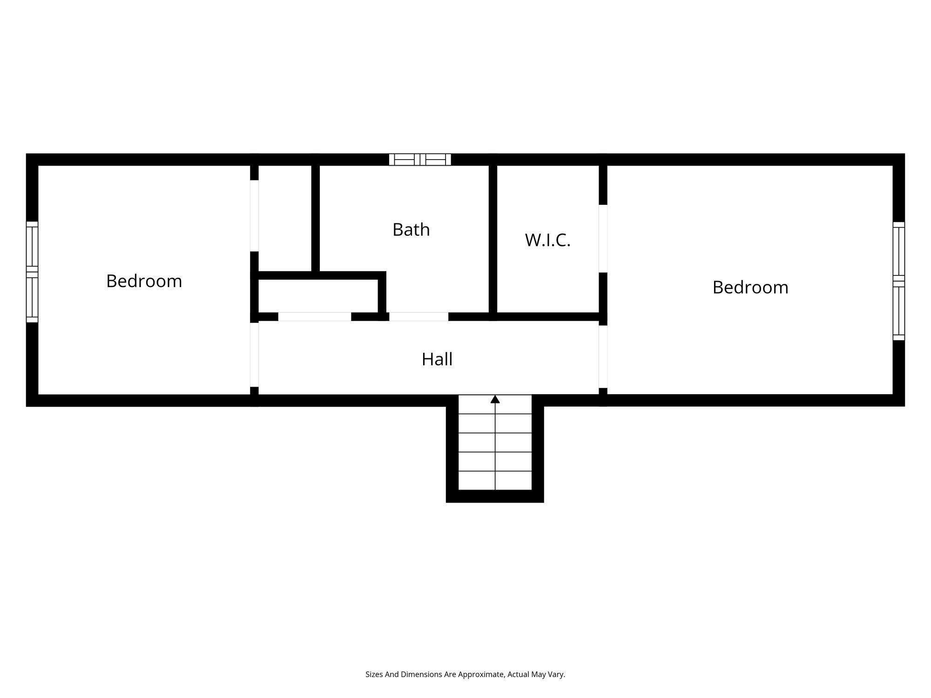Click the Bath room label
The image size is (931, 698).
[x=411, y=230]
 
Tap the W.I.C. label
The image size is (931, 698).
[x=547, y=241]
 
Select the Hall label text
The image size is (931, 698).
[x=437, y=359]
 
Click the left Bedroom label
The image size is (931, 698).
[x=144, y=281]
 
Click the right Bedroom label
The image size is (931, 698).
[x=750, y=288]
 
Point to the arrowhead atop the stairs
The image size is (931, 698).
[x=495, y=399]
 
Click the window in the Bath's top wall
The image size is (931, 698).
[x=420, y=160]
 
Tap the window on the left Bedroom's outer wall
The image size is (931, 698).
[x=32, y=272]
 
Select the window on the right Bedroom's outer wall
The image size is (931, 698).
[x=898, y=281]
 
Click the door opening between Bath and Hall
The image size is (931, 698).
[x=418, y=317]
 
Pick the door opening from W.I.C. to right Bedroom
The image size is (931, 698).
[x=603, y=238]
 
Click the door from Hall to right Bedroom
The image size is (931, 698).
[x=603, y=356]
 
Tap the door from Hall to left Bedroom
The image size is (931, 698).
[x=254, y=355]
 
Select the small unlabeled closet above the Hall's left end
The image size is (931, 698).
[x=318, y=296]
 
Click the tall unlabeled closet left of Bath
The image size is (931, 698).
[x=285, y=218]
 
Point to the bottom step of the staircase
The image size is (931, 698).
[x=495, y=481]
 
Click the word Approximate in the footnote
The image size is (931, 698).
[x=481, y=674]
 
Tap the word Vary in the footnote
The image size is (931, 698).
[x=556, y=674]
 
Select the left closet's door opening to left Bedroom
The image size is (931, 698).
[x=254, y=215]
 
